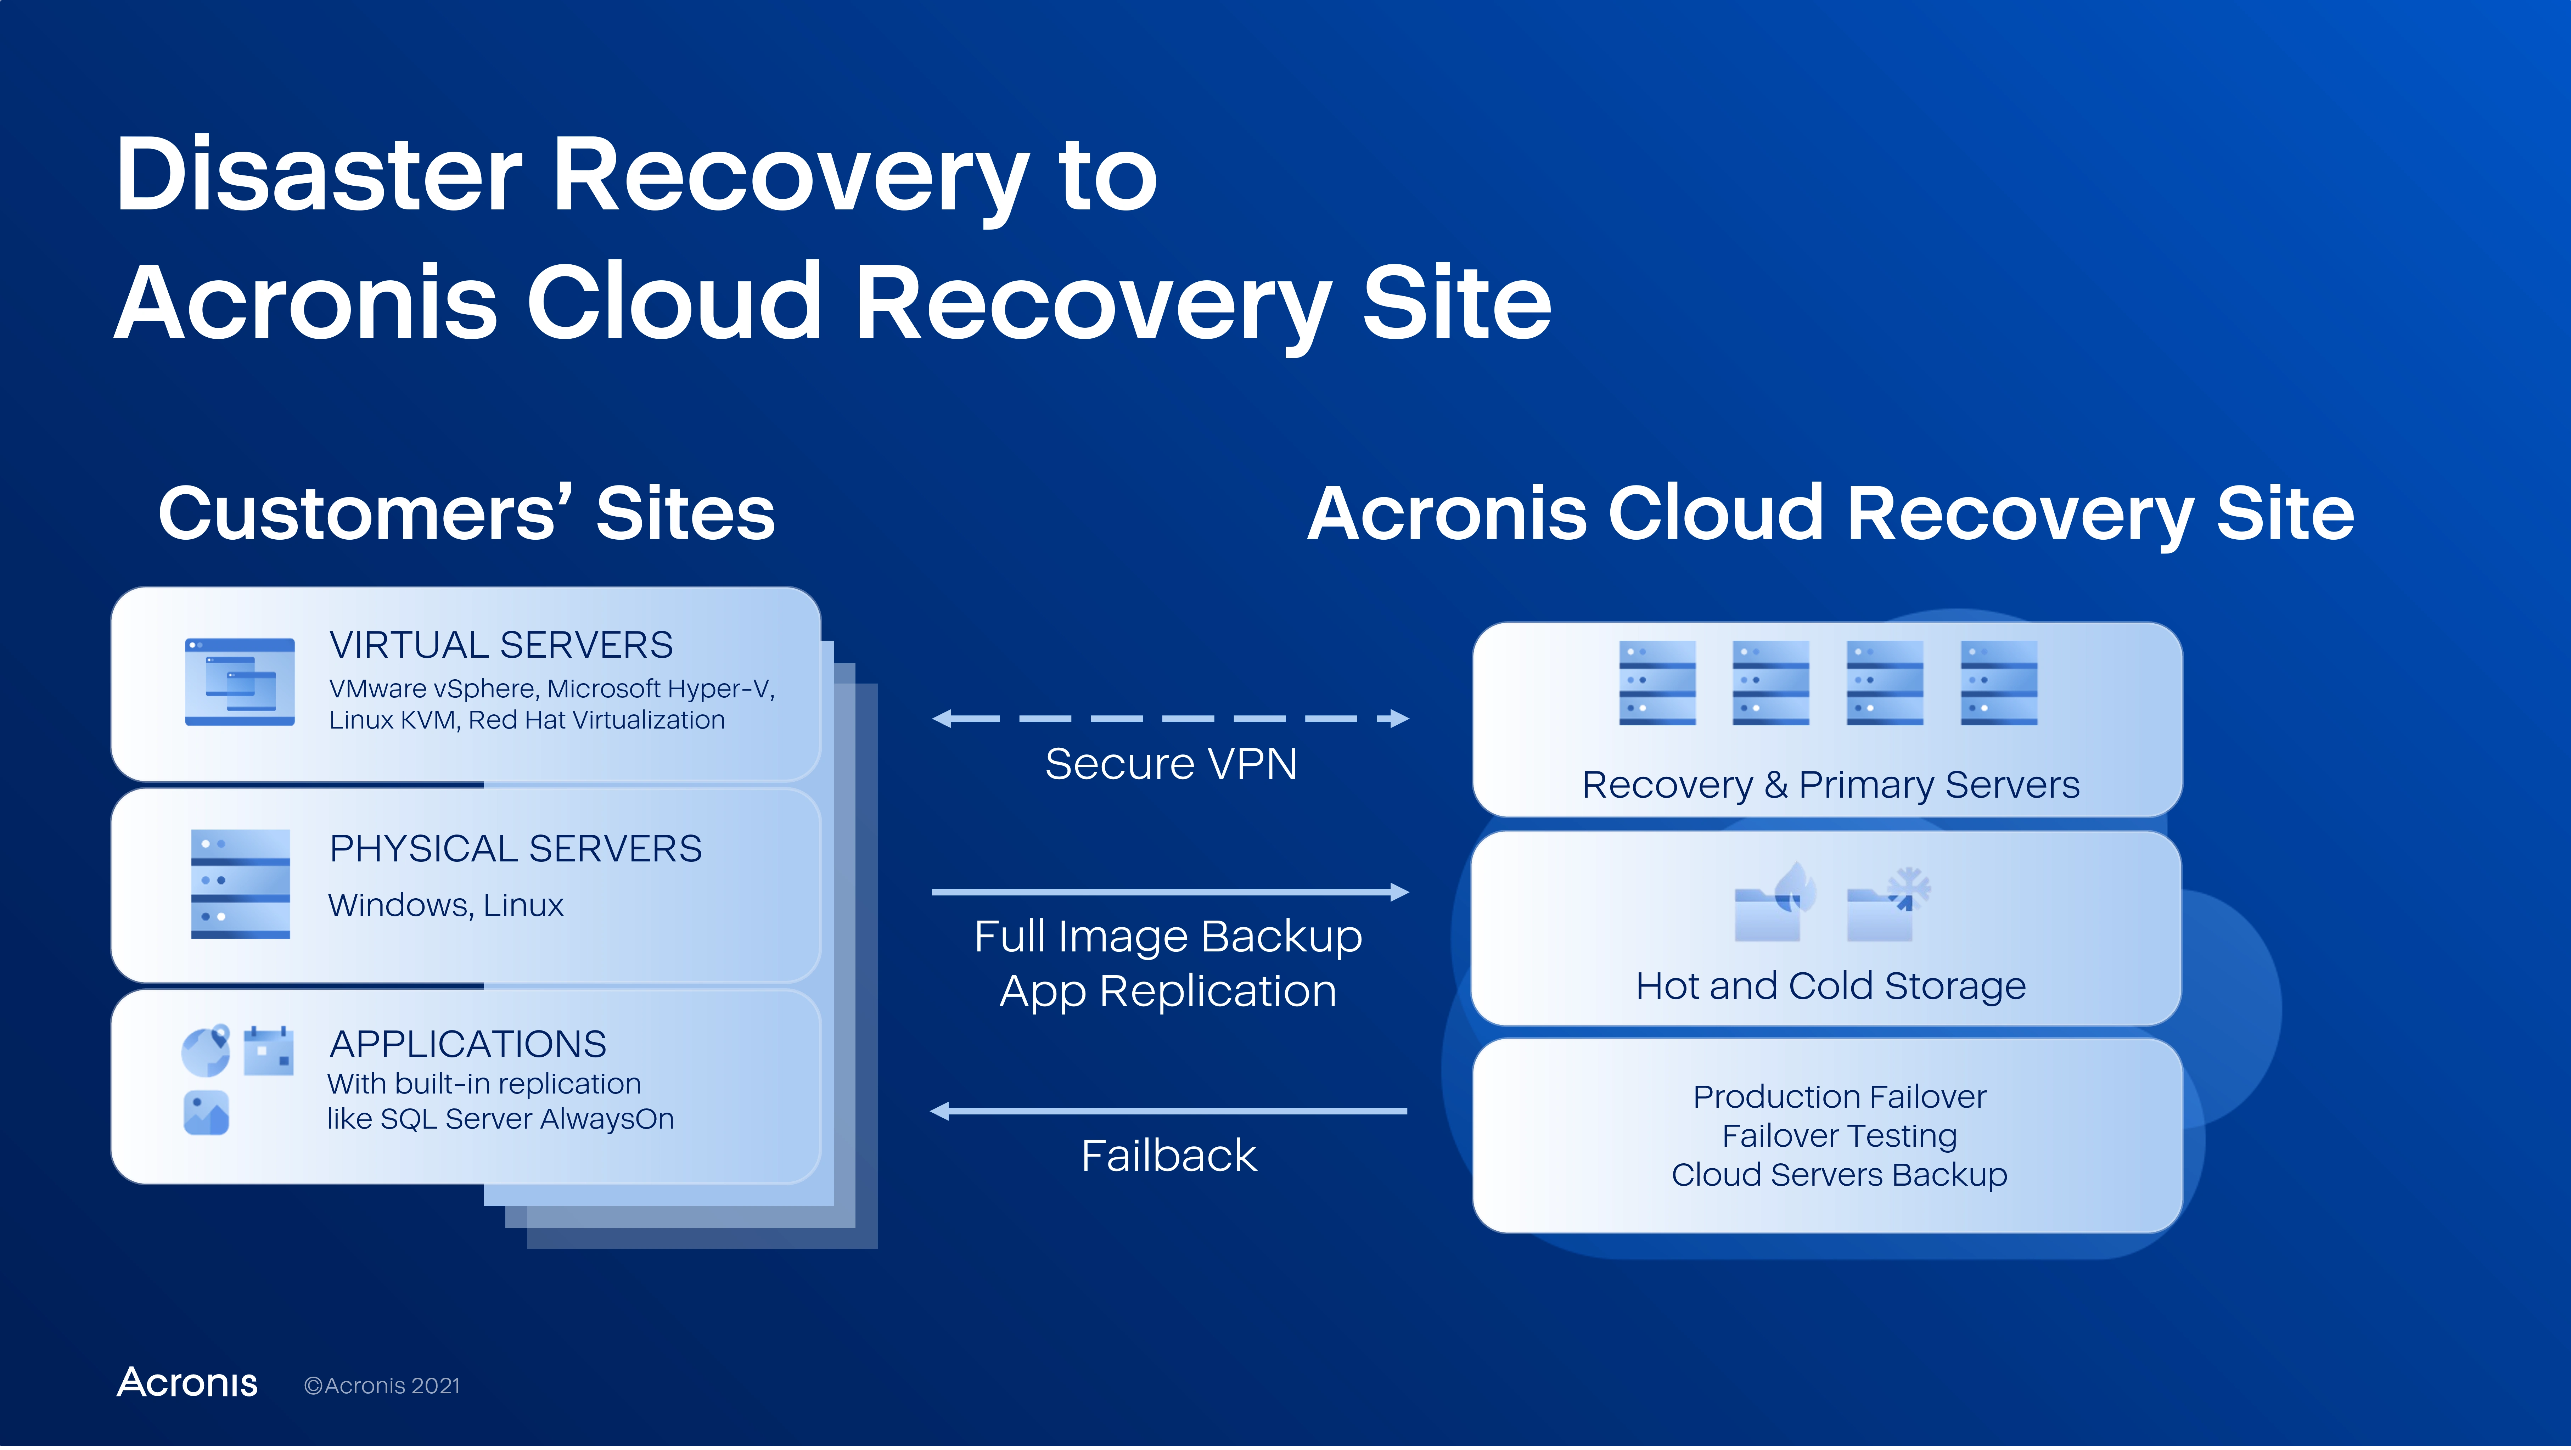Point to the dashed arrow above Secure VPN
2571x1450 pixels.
[1171, 719]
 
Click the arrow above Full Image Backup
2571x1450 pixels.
[1171, 892]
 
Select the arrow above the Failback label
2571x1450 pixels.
[1169, 1111]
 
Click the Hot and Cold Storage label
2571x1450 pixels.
[1830, 986]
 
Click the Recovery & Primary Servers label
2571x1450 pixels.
[1830, 785]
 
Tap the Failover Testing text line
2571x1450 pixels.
[1840, 1136]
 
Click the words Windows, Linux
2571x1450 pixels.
[446, 905]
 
